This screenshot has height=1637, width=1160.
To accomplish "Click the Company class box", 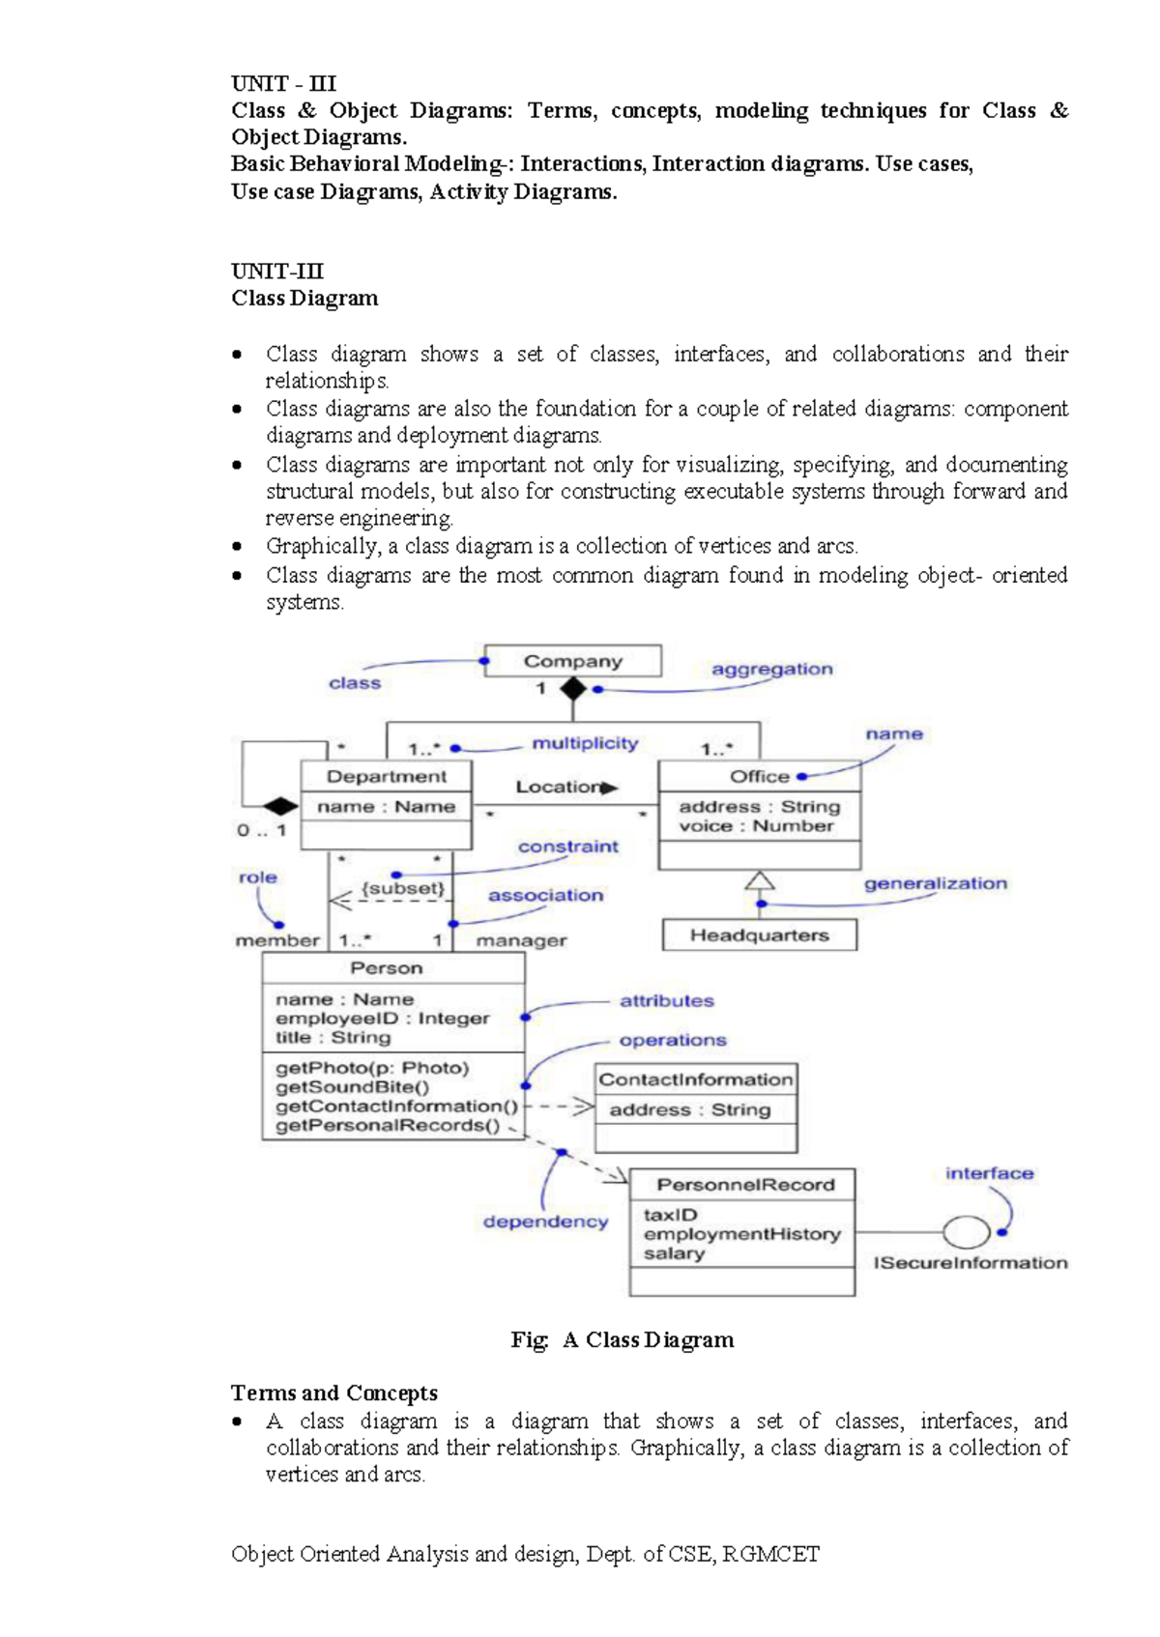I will [572, 661].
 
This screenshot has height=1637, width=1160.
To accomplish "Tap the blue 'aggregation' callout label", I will [771, 669].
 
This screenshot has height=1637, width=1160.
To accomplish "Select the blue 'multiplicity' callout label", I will [585, 743].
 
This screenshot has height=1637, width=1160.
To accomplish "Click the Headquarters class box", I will [759, 935].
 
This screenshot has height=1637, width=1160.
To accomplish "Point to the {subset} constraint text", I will [403, 888].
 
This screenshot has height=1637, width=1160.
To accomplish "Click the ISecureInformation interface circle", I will [966, 1232].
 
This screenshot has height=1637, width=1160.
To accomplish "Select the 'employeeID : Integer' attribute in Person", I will [382, 1019].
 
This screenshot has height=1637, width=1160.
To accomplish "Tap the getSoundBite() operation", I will [352, 1087].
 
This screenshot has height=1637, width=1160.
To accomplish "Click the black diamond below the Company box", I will [573, 689].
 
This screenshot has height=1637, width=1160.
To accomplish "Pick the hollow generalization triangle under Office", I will [760, 880].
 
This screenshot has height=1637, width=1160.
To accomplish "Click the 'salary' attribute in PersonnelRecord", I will [674, 1253].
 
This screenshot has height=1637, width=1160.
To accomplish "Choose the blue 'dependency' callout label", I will [545, 1221].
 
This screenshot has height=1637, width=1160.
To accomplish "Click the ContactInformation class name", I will [695, 1079].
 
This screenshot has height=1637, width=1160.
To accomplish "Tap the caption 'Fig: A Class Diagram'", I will [623, 1339].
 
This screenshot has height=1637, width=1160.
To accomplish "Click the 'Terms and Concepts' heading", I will [333, 1393].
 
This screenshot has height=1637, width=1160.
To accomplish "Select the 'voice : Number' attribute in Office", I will [755, 826].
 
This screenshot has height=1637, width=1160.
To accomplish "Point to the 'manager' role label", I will [521, 940].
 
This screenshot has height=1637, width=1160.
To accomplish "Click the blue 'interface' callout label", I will [989, 1173].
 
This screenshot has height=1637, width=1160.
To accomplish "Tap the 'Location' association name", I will [559, 787].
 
